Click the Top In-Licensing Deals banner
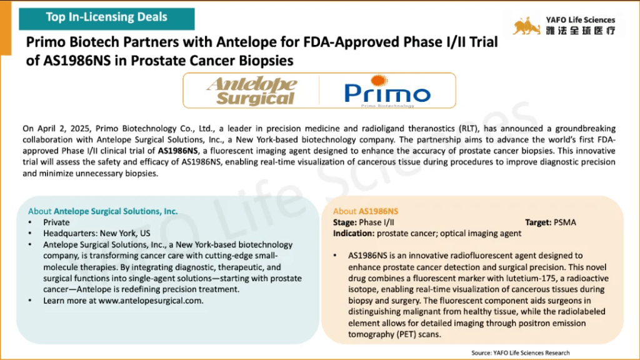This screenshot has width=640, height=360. coord(106,18)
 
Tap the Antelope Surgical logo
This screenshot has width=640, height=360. coord(252,91)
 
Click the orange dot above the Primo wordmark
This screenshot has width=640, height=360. coord(379,80)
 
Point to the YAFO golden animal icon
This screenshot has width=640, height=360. coord(526,26)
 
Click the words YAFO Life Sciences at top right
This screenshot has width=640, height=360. coord(581,19)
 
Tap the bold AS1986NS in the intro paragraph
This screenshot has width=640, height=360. coord(178,151)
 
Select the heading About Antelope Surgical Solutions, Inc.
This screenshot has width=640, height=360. coord(103,211)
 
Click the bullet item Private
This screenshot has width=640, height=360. coord(56,222)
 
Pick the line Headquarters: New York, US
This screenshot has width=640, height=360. coord(97,234)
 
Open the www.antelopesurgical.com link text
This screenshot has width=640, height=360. coord(151,301)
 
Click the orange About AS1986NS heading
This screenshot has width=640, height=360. coord(365,211)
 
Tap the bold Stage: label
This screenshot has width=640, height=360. coord(345,222)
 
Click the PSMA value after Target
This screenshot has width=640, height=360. coord(564,222)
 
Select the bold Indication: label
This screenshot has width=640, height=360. coord(354,234)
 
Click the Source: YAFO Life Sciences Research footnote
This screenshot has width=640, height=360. coord(521,353)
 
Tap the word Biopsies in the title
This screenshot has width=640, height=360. coord(266,61)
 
